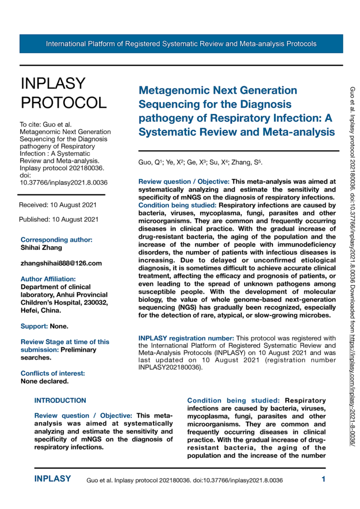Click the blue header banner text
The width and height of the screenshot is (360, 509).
pyautogui.click(x=181, y=44)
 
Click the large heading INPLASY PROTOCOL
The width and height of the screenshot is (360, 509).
pyautogui.click(x=63, y=92)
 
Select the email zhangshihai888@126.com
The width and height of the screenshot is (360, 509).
pyautogui.click(x=61, y=263)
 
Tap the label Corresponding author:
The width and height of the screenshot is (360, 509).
pyautogui.click(x=56, y=240)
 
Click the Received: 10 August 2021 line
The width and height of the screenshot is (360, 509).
pyautogui.click(x=58, y=205)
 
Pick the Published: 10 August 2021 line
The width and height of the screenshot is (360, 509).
pyautogui.click(x=59, y=219)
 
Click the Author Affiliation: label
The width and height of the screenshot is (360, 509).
pyautogui.click(x=48, y=279)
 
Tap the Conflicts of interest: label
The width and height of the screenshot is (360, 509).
pyautogui.click(x=52, y=373)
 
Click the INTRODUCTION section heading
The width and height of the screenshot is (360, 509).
pyautogui.click(x=60, y=400)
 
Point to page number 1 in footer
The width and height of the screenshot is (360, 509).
pyautogui.click(x=323, y=479)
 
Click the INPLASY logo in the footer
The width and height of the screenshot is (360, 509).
pyautogui.click(x=52, y=479)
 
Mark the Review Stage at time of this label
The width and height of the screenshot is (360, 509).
pyautogui.click(x=65, y=342)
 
